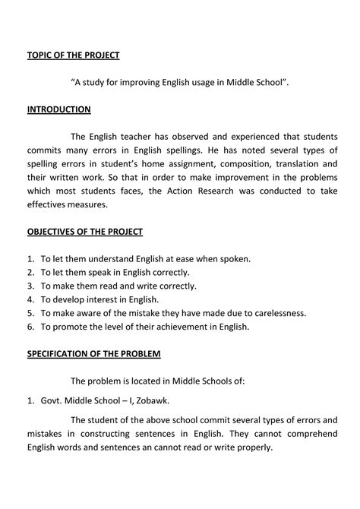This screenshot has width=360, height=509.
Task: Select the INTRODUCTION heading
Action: click(59, 109)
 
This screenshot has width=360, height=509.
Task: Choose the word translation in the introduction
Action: click(286, 163)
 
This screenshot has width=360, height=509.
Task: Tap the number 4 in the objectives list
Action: click(30, 299)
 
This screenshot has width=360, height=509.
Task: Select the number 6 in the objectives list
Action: click(30, 327)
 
